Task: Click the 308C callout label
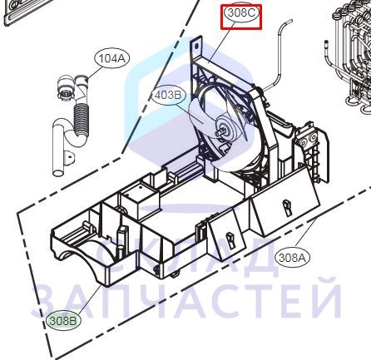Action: pos(241,13)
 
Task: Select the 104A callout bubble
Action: pos(112,58)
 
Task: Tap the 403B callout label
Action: pos(167,96)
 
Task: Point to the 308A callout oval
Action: pos(292,258)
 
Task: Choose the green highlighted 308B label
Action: pos(63,321)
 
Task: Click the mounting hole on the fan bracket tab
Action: pos(197,47)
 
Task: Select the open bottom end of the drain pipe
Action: pos(58,174)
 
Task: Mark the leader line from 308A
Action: pos(305,232)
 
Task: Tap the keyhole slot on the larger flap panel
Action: pos(286,207)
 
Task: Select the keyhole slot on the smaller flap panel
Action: pos(230,240)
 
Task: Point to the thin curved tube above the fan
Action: pos(278,52)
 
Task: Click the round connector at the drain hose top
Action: pos(66,89)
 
